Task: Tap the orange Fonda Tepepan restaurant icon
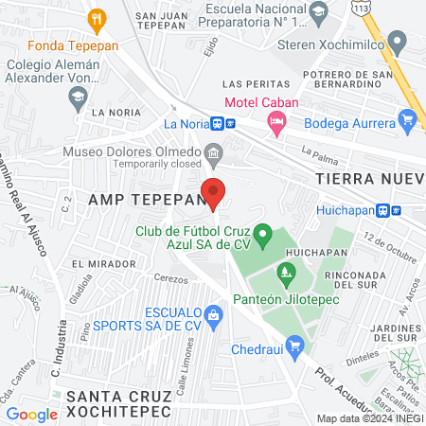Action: [96, 19]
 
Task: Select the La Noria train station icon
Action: [219, 122]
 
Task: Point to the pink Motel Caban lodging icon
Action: [275, 120]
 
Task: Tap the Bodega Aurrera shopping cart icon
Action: [408, 120]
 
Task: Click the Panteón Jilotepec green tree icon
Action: [285, 275]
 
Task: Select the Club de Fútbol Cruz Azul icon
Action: [264, 232]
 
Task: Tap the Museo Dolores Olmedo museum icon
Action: [214, 151]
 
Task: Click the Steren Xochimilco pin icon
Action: [398, 43]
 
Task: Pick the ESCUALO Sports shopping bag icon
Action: [215, 313]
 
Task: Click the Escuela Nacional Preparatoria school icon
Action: [319, 11]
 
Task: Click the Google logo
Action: [31, 414]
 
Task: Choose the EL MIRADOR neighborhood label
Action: [97, 263]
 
